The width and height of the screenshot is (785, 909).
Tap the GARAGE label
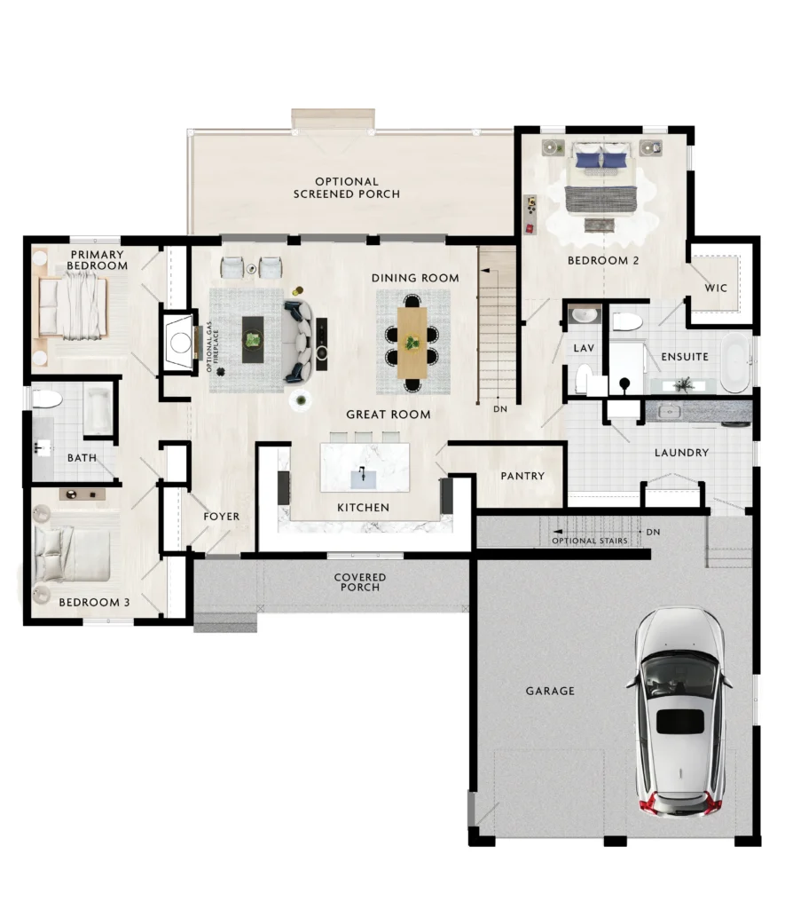pos(550,691)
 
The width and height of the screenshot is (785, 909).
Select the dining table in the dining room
pos(412,344)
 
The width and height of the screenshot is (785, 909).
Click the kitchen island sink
pos(364,478)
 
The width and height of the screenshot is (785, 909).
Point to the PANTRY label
pos(522,476)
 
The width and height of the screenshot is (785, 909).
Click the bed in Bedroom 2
pos(602,177)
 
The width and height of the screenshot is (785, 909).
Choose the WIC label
pos(716,289)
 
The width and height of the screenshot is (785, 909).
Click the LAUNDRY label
pos(682,453)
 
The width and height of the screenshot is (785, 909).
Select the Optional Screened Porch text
pos(347,188)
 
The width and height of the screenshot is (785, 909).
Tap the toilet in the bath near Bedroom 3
pos(47,399)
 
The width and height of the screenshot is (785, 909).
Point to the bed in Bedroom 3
pos(72,554)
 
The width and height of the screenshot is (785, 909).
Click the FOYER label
pos(221,517)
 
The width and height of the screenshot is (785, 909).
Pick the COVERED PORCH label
pos(360,582)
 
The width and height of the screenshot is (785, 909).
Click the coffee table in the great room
pos(253,340)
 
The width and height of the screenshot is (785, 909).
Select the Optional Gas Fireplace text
pos(212,347)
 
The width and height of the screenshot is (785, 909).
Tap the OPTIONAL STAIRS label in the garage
pos(590,541)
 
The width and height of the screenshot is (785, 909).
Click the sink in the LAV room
pos(585,315)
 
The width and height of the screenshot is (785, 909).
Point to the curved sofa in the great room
pos(299,342)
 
